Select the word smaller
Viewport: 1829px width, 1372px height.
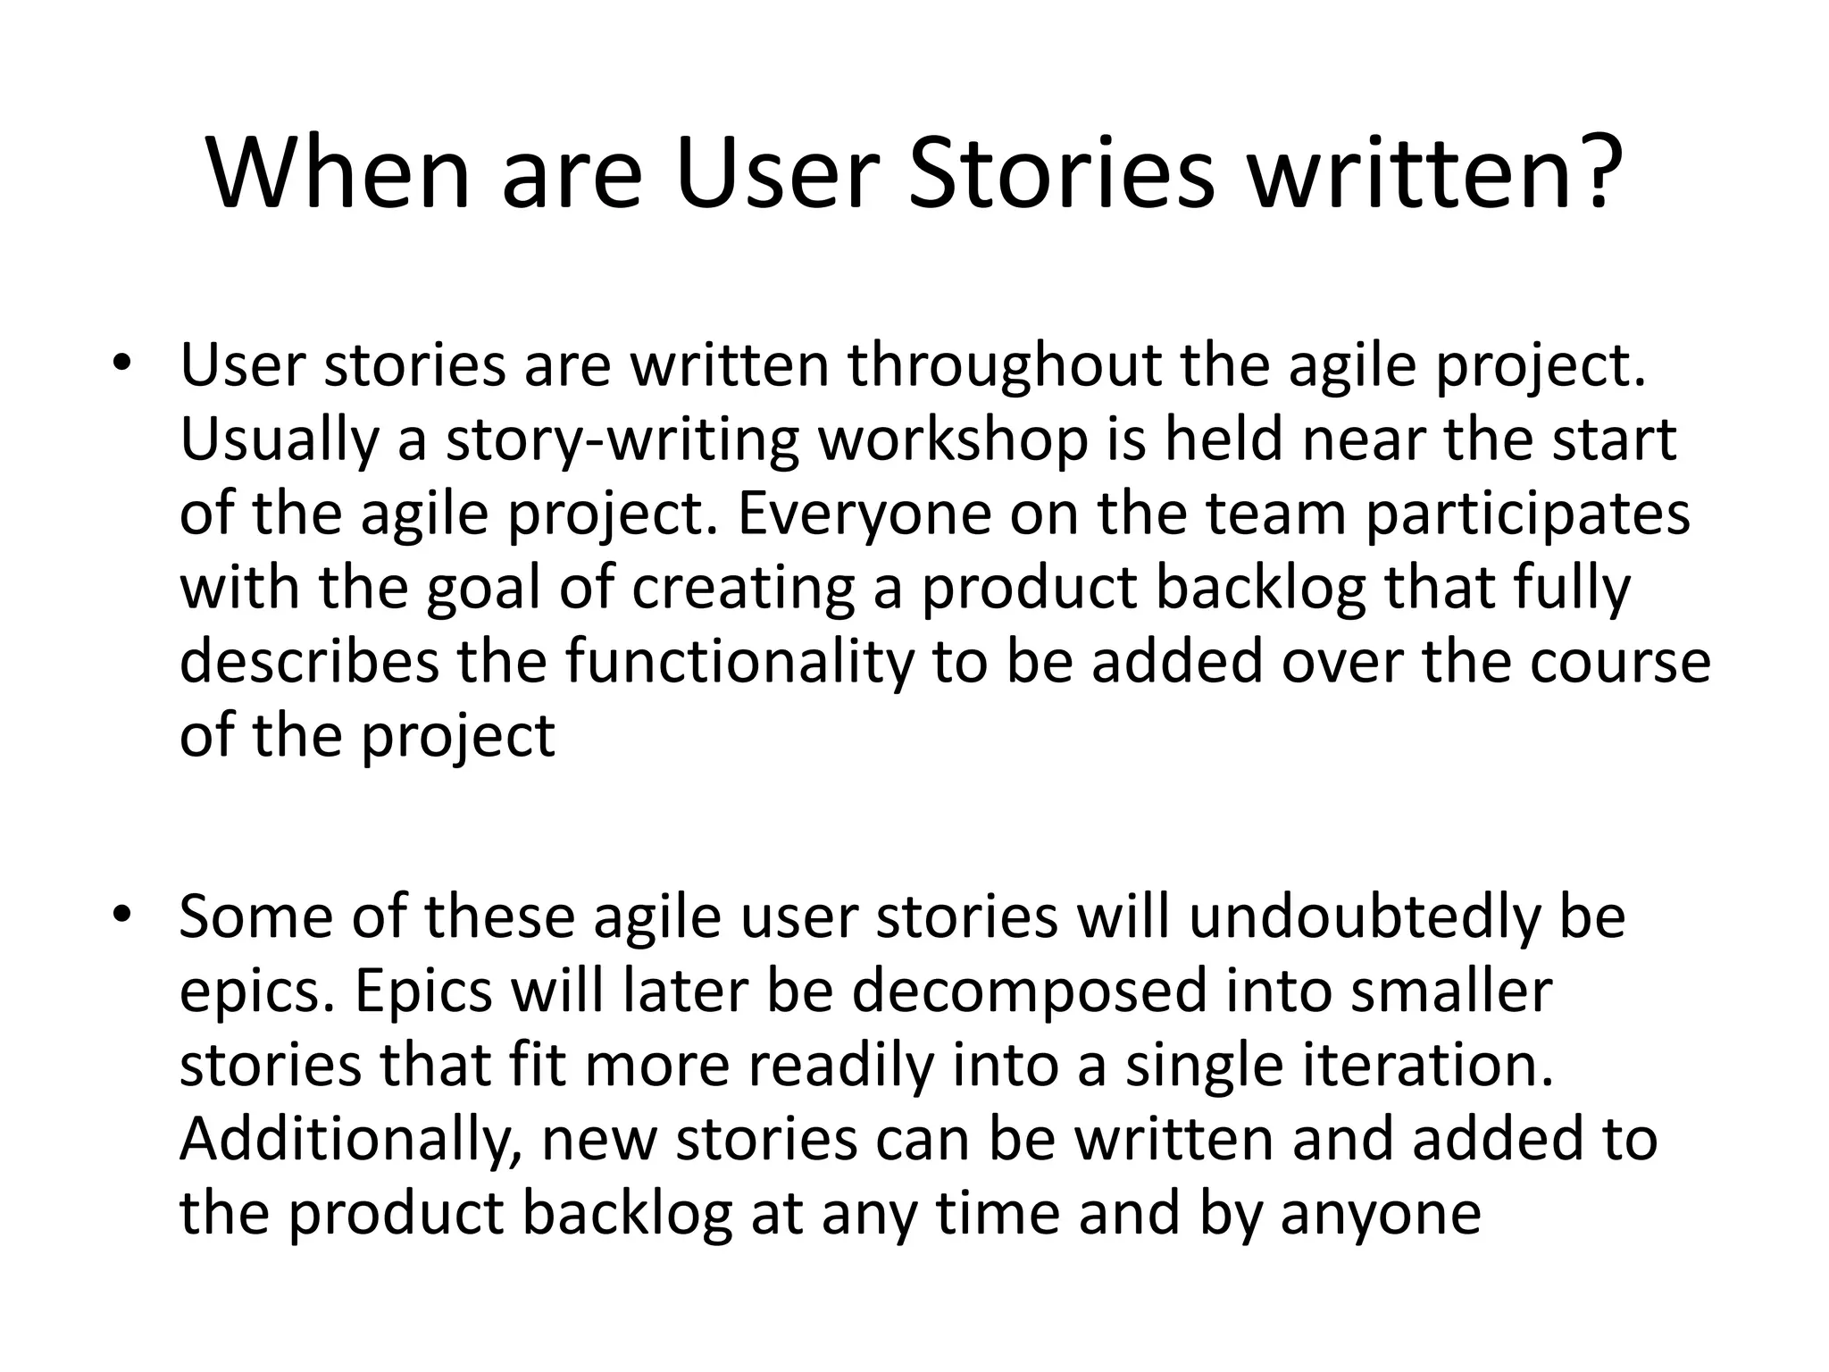click(x=1451, y=991)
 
